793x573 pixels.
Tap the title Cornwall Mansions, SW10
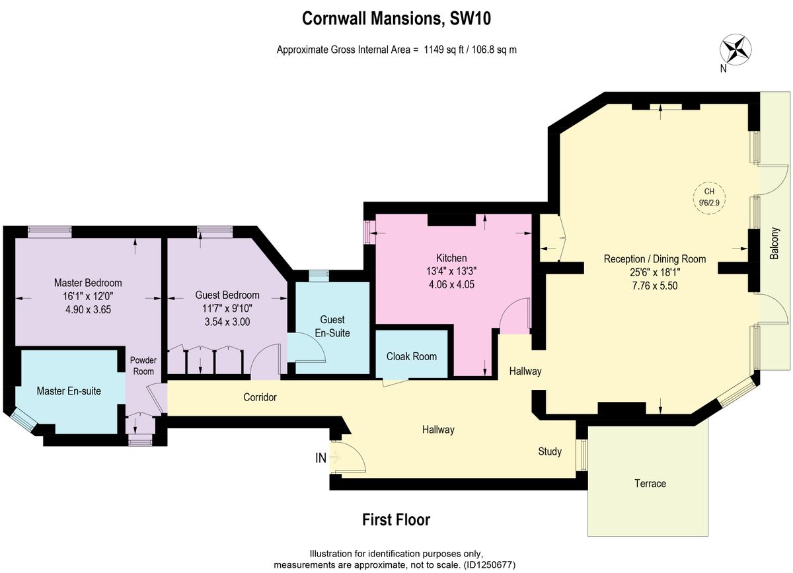[x=396, y=19]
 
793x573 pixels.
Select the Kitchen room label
[x=451, y=258]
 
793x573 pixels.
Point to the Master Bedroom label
[x=88, y=282]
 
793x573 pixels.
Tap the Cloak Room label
[x=412, y=356]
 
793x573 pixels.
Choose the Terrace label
[x=650, y=483]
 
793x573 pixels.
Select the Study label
[x=550, y=451]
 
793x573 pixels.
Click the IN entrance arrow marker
[x=333, y=457]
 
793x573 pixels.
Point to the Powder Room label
[x=143, y=365]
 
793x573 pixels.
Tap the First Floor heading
[x=396, y=519]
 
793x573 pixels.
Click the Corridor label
[x=260, y=397]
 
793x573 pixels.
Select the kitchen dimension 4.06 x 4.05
[x=451, y=286]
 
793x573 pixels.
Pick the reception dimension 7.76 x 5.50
[x=655, y=286]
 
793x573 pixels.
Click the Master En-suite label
[x=69, y=391]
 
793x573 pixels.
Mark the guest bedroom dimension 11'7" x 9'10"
[x=227, y=309]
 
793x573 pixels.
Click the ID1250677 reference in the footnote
[x=490, y=565]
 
